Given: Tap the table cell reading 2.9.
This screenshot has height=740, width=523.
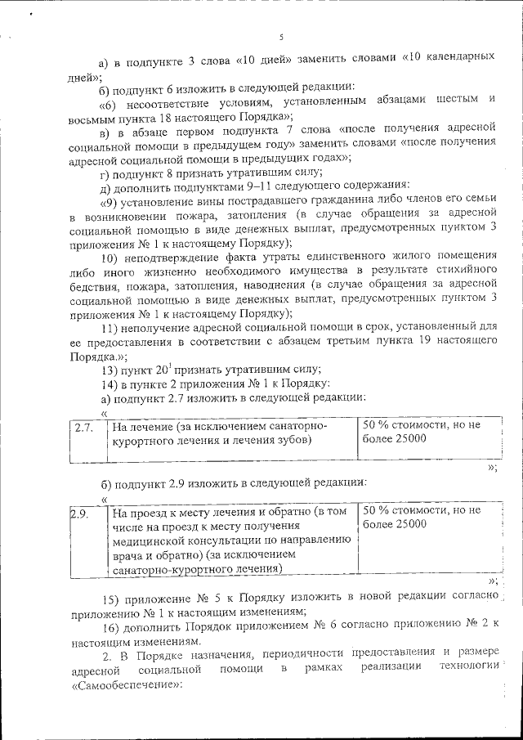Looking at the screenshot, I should point(79,514).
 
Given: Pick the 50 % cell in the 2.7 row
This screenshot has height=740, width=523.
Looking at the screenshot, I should point(420,433).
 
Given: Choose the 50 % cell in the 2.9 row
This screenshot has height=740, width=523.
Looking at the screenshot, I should point(420,517).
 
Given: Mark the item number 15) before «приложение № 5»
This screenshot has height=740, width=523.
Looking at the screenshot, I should point(110,597).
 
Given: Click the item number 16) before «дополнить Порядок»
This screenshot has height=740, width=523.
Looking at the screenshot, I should point(110,628).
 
